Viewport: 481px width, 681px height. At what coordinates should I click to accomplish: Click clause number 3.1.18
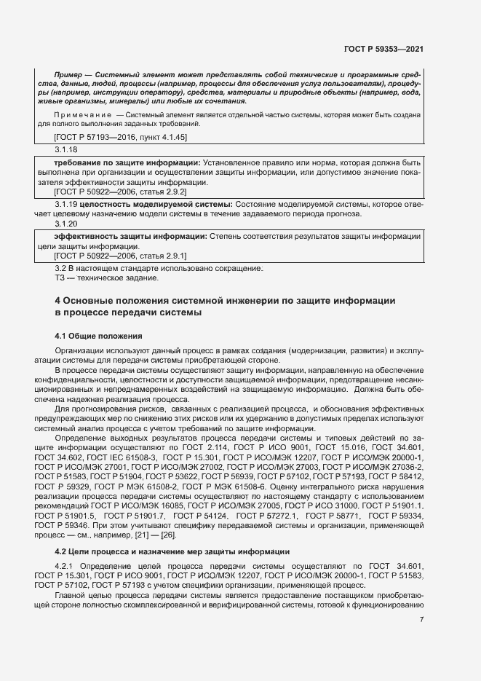[66, 149]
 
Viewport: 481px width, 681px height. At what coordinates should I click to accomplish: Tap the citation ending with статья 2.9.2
[121, 191]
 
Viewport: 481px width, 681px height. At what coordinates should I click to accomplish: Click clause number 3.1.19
[67, 205]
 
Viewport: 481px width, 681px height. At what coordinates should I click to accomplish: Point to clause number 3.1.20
[66, 224]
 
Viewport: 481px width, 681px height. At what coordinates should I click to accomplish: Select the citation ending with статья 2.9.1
[121, 256]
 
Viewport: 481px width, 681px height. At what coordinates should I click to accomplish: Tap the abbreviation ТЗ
[60, 277]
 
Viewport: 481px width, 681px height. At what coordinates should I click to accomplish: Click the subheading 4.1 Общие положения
[98, 336]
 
